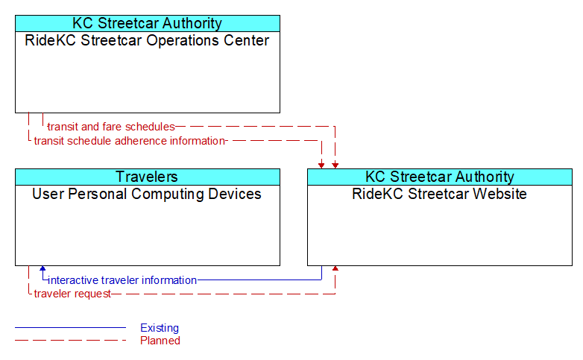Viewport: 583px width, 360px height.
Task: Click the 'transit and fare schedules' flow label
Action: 111,127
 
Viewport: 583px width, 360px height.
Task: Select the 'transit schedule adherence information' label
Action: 130,141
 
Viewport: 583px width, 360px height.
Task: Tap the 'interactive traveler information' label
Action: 122,280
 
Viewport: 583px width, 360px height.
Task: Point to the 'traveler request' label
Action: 72,294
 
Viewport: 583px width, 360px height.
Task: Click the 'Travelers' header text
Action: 147,177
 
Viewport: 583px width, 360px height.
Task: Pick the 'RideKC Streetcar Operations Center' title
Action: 147,40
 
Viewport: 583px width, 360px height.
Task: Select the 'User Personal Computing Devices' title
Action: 147,194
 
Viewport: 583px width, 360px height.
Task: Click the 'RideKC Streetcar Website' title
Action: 439,194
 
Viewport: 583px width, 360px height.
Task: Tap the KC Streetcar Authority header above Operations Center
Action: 147,23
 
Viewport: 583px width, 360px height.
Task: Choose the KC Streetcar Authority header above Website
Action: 440,177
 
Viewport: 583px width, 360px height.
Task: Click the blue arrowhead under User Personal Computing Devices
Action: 42,268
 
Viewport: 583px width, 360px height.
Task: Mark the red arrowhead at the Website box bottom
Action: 335,268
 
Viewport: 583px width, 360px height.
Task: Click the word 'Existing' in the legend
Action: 160,328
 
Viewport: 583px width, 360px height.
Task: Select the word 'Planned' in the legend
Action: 160,341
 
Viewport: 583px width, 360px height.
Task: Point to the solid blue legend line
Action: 70,328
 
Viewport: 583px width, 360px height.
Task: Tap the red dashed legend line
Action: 70,341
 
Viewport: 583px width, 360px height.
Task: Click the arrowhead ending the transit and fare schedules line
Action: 335,166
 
